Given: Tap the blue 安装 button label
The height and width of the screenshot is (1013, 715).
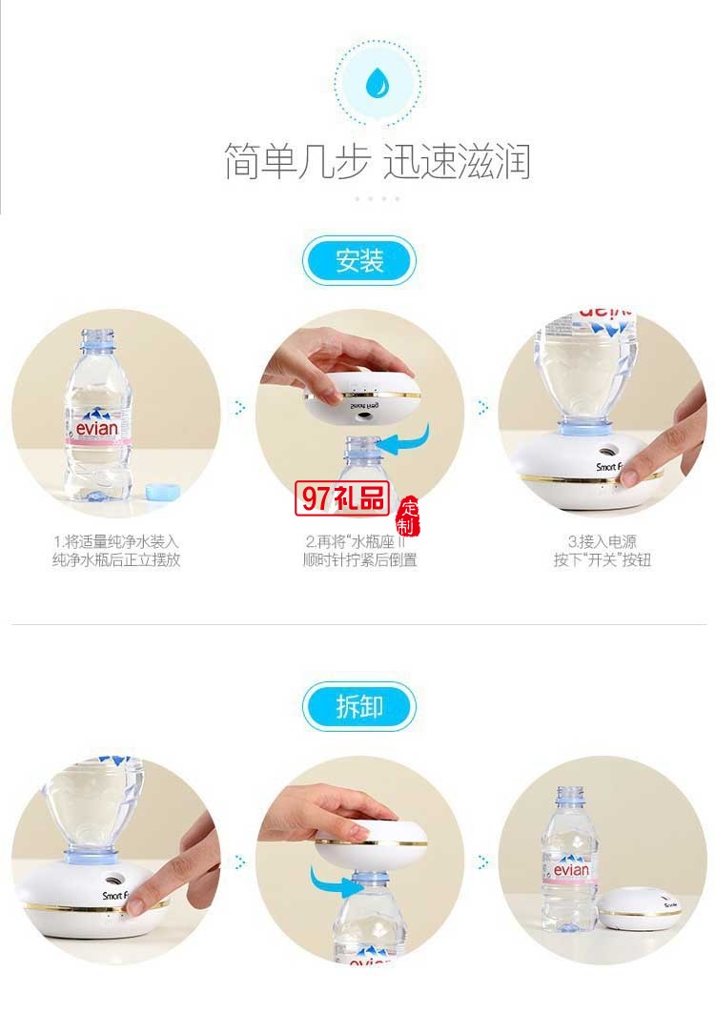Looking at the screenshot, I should pos(359,261).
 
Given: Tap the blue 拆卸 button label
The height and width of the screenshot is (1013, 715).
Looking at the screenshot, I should pos(359,706).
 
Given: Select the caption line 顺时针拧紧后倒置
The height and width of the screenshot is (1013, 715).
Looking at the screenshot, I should pos(359,560).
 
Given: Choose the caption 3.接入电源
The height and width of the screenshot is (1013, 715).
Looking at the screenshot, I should pos(603,541).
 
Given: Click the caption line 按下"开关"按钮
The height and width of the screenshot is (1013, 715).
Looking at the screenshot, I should pos(603,560).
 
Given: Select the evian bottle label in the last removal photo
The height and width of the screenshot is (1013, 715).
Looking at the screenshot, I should pos(569,871).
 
